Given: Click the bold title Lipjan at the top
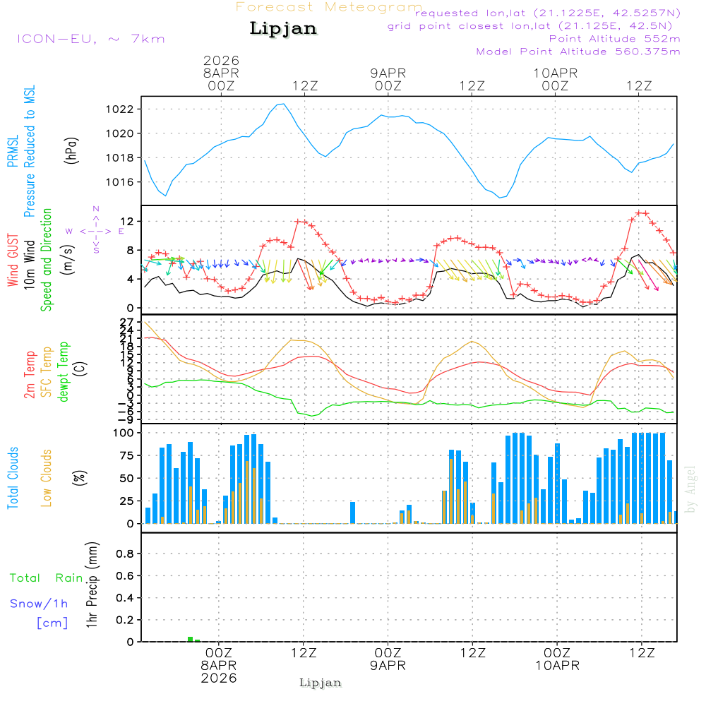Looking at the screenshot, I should click(283, 29).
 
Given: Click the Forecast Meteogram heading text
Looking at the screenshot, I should click(329, 8).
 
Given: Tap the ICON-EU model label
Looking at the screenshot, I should click(90, 39).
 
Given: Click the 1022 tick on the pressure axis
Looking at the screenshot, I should click(121, 109).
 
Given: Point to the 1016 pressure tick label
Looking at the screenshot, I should click(121, 182).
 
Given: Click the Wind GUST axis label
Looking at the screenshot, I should click(13, 261).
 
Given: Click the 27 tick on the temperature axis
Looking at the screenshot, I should click(127, 322).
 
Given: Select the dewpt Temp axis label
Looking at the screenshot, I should click(64, 372).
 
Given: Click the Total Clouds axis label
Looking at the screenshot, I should click(13, 478).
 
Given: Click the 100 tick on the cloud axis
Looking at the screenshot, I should click(124, 433).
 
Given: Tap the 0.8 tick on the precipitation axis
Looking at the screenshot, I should click(125, 554).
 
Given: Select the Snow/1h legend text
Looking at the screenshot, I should click(40, 604).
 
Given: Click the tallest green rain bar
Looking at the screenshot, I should click(190, 639).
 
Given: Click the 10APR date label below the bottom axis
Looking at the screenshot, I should click(557, 665).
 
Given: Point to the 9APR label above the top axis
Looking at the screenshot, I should click(388, 73).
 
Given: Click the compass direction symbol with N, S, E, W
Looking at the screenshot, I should click(96, 230).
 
